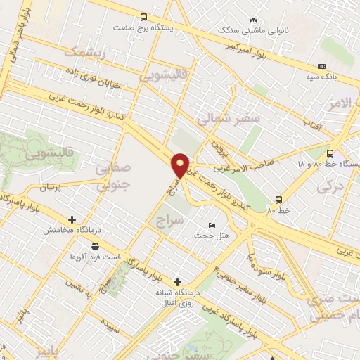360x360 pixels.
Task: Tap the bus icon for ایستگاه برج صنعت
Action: point(144,18)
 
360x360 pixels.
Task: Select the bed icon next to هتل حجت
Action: point(212,225)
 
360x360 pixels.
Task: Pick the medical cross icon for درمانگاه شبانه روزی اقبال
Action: point(176,281)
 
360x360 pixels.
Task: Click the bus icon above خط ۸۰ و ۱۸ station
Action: point(330,153)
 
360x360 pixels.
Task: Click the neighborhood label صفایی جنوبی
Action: point(112,177)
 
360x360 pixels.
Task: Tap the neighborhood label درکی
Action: point(328,186)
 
